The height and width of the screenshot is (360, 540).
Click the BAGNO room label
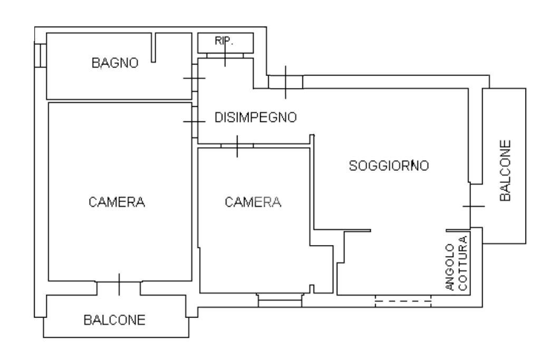tap(115, 63)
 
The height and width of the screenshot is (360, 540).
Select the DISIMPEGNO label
tap(256, 118)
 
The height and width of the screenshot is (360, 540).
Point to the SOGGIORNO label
tap(389, 166)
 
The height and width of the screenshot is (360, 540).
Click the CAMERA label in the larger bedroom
tap(117, 202)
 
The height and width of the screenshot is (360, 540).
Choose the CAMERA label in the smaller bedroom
tap(253, 202)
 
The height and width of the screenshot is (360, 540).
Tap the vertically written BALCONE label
tap(505, 170)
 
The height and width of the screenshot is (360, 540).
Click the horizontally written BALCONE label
tap(114, 320)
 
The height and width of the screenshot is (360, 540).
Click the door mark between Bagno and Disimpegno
tap(194, 79)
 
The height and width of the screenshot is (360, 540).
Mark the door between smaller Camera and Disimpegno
tap(237, 145)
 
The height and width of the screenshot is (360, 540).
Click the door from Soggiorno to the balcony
tap(473, 206)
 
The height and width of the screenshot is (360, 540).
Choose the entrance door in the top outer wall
tap(285, 82)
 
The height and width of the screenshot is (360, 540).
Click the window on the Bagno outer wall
tap(38, 55)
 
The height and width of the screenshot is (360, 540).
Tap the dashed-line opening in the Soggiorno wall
tap(403, 301)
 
